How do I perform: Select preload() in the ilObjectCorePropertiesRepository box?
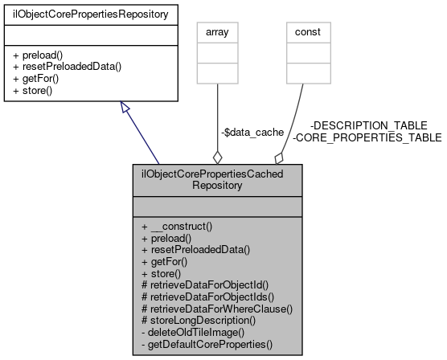(41, 55)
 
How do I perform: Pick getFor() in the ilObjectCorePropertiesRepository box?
(38, 78)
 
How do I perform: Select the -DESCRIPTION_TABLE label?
(368, 126)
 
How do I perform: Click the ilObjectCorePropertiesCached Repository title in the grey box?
(217, 178)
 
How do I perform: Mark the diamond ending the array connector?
(217, 156)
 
